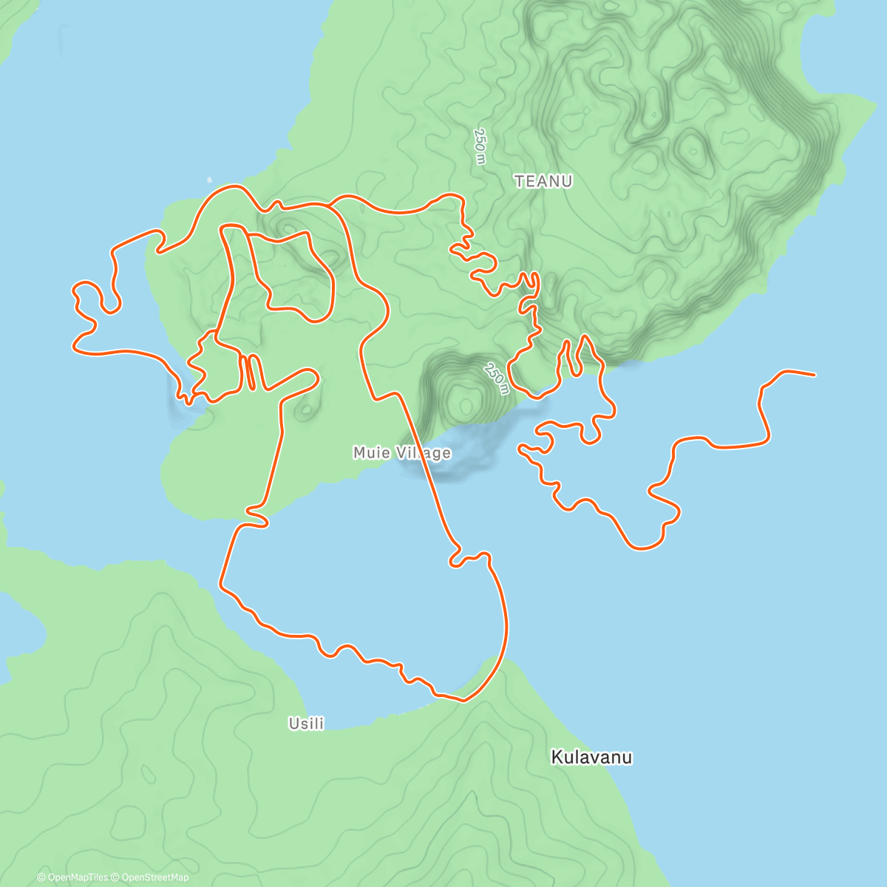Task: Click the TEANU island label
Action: click(543, 181)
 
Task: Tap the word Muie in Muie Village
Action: click(371, 452)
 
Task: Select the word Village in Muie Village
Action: click(422, 452)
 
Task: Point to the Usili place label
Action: click(306, 724)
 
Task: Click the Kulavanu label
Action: click(591, 757)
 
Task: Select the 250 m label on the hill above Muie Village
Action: click(497, 378)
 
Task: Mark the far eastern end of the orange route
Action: click(814, 375)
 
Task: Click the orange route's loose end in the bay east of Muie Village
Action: click(521, 447)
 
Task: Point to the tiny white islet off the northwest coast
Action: click(209, 179)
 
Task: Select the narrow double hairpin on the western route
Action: click(249, 372)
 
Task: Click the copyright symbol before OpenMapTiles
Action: click(41, 877)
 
